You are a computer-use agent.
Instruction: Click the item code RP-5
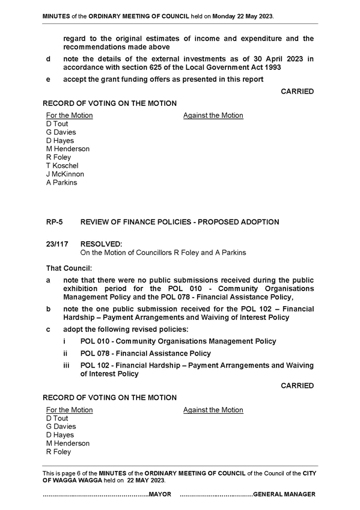(x=54, y=222)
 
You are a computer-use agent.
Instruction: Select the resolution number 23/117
(x=57, y=244)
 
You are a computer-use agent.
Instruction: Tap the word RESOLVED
(x=102, y=244)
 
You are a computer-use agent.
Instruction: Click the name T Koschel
(x=62, y=165)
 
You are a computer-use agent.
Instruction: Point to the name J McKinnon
(x=65, y=174)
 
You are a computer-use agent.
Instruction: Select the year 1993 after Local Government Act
(x=273, y=67)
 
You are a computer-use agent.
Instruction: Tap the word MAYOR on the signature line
(x=160, y=494)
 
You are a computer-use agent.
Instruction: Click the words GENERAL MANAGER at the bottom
(x=284, y=494)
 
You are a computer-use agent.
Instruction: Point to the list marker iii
(x=66, y=366)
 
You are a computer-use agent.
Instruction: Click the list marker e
(x=48, y=79)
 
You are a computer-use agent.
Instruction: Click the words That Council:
(x=69, y=268)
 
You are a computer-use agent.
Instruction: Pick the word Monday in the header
(x=224, y=16)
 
